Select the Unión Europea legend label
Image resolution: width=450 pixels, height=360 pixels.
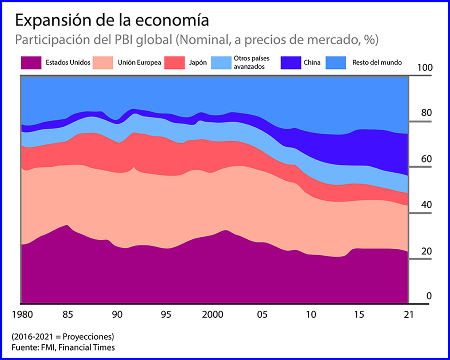tap(139, 63)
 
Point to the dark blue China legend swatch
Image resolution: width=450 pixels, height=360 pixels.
tap(290, 62)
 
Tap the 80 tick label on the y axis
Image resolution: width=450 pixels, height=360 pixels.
tap(426, 113)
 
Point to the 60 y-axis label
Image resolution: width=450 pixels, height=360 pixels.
tap(426, 159)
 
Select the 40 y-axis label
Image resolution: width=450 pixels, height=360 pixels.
tap(426, 205)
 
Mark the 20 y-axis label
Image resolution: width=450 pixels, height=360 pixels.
tap(426, 251)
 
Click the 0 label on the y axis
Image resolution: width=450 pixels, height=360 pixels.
tap(428, 296)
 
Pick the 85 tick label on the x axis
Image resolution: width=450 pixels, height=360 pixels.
tap(68, 315)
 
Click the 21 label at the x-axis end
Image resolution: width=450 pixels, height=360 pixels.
tap(408, 315)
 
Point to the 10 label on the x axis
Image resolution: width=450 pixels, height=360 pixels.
tap(311, 315)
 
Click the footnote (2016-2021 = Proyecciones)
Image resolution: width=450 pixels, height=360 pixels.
tap(62, 336)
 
